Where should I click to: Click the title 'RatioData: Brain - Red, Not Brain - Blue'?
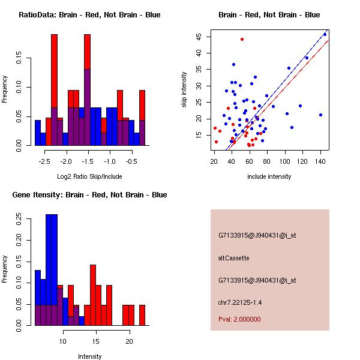[89, 15]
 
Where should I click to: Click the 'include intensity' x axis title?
[269, 176]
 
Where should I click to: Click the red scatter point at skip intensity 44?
[242, 40]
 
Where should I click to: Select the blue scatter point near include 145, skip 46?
[325, 34]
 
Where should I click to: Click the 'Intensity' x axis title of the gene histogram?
[89, 356]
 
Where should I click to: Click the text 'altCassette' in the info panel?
[233, 258]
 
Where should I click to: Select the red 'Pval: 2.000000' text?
[239, 319]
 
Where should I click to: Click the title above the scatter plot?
[269, 15]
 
